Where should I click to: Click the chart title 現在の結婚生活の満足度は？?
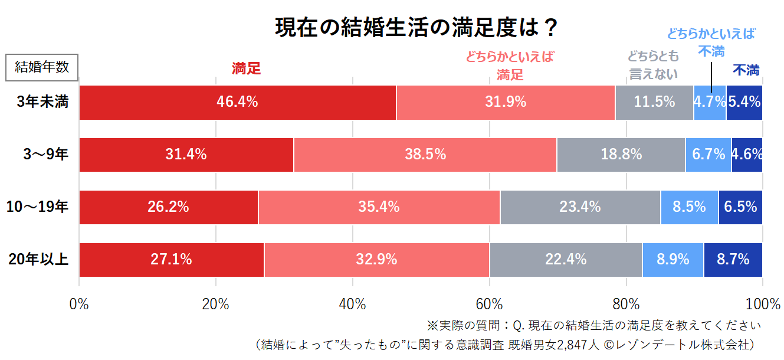pyautogui.click(x=416, y=28)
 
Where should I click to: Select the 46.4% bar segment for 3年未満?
pyautogui.click(x=237, y=102)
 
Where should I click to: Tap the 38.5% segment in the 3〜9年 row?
pyautogui.click(x=425, y=155)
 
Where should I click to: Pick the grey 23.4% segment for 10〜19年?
pyautogui.click(x=580, y=207)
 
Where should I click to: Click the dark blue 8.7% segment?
pyautogui.click(x=733, y=259)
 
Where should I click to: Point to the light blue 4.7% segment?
pyautogui.click(x=710, y=102)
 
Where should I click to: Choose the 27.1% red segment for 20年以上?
pyautogui.click(x=171, y=259)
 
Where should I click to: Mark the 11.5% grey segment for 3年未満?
pyautogui.click(x=654, y=102)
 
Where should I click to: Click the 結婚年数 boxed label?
pyautogui.click(x=42, y=67)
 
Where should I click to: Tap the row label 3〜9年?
pyautogui.click(x=46, y=155)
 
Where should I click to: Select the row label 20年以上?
pyautogui.click(x=39, y=259)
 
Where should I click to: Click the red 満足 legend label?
pyautogui.click(x=246, y=68)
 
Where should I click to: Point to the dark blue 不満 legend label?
pyautogui.click(x=746, y=70)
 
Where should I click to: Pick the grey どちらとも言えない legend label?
pyautogui.click(x=653, y=65)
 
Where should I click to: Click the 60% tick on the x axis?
pyautogui.click(x=489, y=305)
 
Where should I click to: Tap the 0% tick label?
pyautogui.click(x=79, y=305)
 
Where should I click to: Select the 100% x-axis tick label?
pyautogui.click(x=763, y=305)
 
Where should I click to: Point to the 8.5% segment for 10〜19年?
pyautogui.click(x=689, y=207)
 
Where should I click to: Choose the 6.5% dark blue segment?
pyautogui.click(x=740, y=207)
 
